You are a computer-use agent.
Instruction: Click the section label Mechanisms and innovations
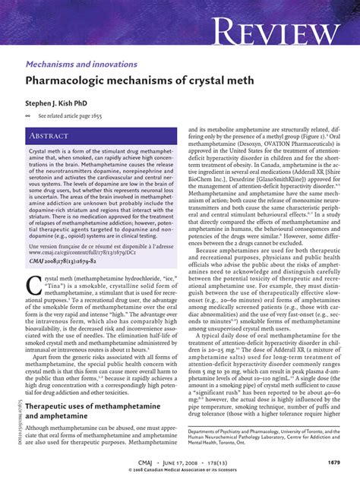(81, 65)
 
